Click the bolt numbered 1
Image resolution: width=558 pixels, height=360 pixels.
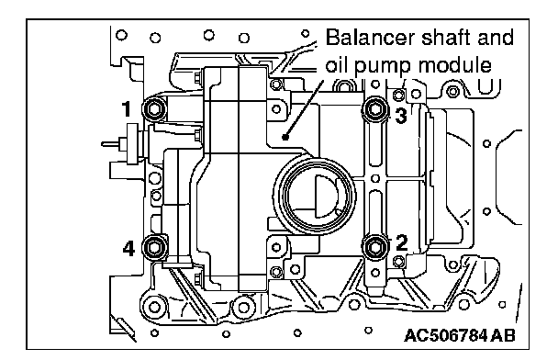pos(154,109)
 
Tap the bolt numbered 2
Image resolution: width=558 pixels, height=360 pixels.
pos(374,246)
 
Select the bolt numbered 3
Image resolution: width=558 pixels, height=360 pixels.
pos(374,108)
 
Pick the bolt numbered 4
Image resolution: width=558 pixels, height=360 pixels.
pos(154,246)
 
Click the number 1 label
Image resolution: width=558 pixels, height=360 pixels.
pos(127,109)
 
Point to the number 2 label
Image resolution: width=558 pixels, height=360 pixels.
pos(401,242)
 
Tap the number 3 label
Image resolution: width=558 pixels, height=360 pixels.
pos(401,116)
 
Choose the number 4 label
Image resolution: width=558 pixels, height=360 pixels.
pos(128,248)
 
